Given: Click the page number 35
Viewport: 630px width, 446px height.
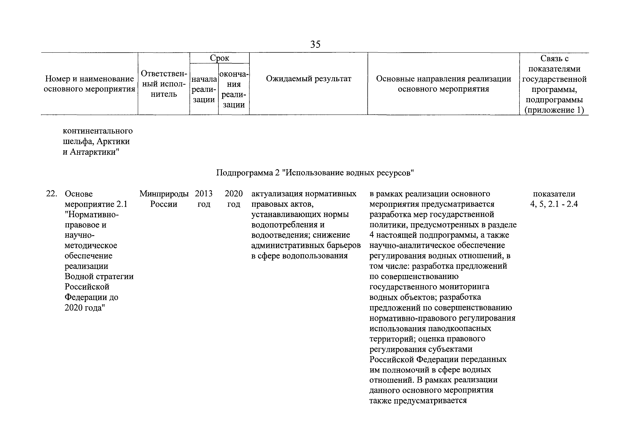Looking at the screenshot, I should point(315,44).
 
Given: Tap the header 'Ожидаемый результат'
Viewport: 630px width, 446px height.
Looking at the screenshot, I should point(308,79).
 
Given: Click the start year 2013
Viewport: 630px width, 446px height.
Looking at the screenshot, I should point(204,194).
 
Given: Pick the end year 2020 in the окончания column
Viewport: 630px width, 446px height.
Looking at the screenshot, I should point(234,194).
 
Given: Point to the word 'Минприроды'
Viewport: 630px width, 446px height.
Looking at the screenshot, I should point(164,194).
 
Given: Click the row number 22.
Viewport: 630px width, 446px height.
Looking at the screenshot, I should point(51,194).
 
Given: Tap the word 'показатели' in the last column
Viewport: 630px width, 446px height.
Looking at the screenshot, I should point(554,194).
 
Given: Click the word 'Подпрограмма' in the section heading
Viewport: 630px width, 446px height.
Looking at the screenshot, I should point(244,173).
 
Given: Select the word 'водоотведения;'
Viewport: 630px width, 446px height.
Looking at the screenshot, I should point(281,235).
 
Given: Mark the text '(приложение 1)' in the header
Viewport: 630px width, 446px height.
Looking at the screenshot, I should point(554,110).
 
